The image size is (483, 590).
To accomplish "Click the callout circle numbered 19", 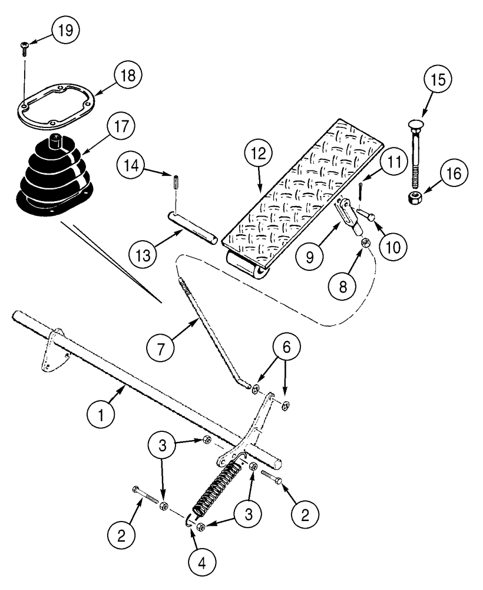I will coord(68,31).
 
